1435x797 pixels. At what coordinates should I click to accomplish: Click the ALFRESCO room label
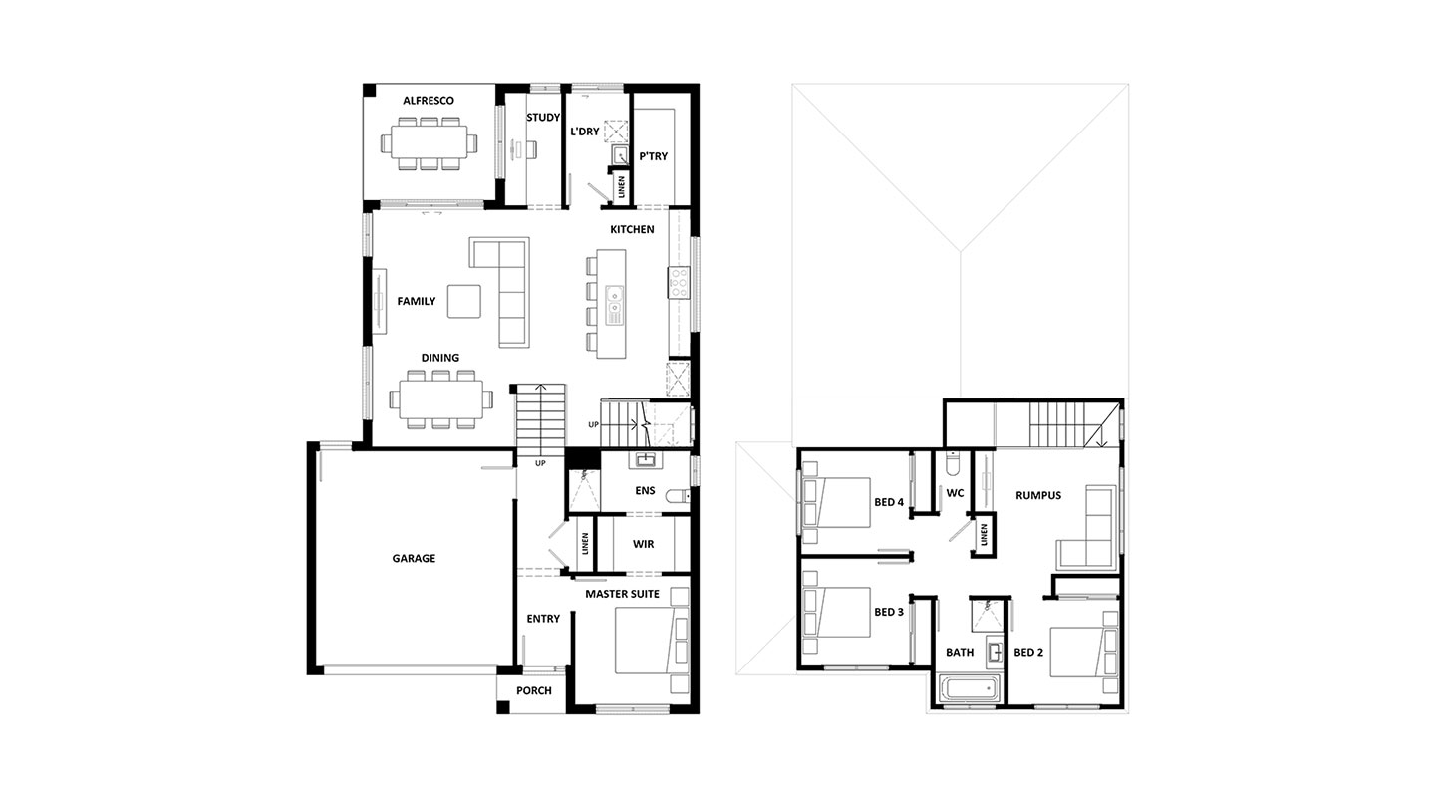[x=428, y=101]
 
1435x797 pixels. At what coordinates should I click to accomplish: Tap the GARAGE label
[x=414, y=559]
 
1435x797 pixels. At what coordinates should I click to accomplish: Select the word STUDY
[x=542, y=118]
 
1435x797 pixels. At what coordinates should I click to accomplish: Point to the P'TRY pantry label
[x=653, y=156]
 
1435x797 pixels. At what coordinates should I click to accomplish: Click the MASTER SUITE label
[x=622, y=594]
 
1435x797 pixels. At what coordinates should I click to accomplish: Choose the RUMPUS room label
[x=1037, y=495]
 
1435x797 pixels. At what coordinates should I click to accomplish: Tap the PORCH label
[x=534, y=690]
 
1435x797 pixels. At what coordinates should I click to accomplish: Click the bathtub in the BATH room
[x=969, y=690]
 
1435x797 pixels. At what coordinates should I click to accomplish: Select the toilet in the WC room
[x=953, y=462]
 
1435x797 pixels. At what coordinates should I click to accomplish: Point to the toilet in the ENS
[x=678, y=496]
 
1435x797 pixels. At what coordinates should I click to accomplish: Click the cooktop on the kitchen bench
[x=679, y=283]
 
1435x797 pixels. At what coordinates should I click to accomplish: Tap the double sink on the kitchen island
[x=614, y=304]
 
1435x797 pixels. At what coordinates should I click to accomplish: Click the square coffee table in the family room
[x=463, y=302]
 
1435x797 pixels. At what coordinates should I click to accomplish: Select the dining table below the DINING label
[x=441, y=399]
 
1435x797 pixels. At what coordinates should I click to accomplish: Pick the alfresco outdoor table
[x=429, y=142]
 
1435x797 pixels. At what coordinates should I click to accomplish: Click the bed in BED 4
[x=836, y=502]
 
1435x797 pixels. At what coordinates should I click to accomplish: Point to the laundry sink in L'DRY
[x=620, y=155]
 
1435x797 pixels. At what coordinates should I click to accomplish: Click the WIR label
[x=643, y=545]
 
